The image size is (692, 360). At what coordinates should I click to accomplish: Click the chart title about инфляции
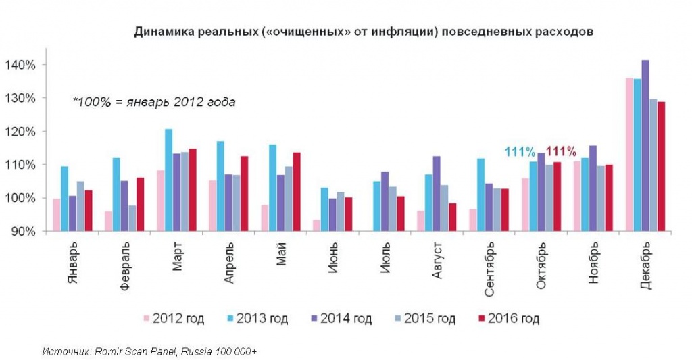[x=364, y=32]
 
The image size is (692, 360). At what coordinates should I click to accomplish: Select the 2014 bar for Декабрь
[x=645, y=145]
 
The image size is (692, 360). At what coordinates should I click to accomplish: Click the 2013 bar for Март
[x=168, y=180]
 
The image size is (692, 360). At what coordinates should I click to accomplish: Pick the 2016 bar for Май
[x=296, y=192]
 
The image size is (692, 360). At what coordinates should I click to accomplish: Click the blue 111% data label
[x=519, y=151]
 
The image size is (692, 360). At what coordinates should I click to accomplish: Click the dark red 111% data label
[x=560, y=151]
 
